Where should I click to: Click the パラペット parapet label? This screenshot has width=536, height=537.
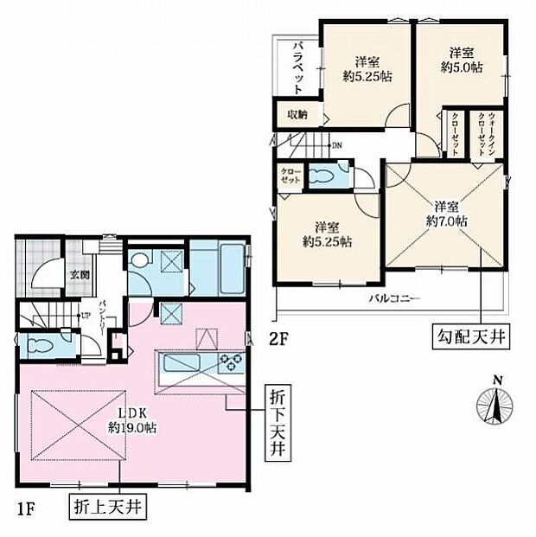297,67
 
